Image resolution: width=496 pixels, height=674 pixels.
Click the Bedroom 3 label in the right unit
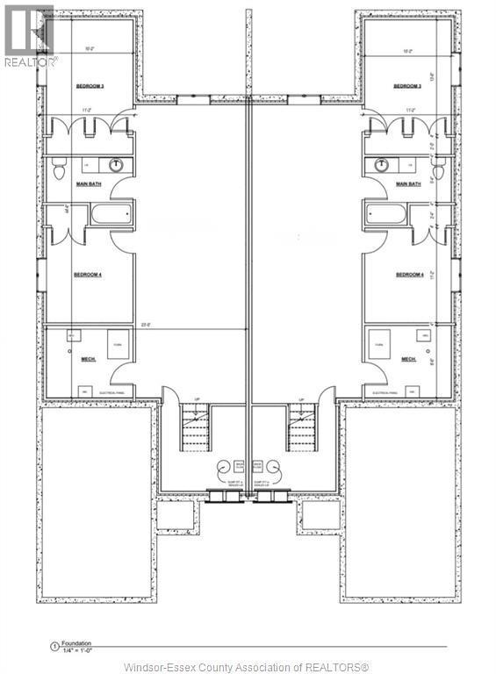(408, 86)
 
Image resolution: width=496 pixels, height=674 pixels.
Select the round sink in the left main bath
(116, 164)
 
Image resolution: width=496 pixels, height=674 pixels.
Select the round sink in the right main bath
(382, 164)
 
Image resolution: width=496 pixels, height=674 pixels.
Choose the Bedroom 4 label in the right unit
(409, 275)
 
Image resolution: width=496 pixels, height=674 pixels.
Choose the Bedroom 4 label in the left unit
(88, 275)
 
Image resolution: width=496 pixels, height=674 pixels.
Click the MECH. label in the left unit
(88, 359)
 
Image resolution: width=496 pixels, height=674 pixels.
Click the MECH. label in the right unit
(408, 359)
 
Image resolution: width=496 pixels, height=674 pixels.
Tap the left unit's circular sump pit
(221, 467)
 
